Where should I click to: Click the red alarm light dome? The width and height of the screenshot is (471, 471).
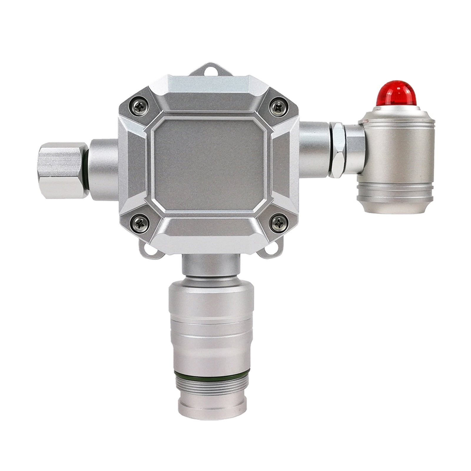(x=396, y=94)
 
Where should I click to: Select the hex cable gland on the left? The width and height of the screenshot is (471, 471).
(x=62, y=170)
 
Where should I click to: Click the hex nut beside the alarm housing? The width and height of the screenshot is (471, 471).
(x=338, y=150)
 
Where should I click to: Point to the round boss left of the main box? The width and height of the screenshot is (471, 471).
(x=104, y=169)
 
